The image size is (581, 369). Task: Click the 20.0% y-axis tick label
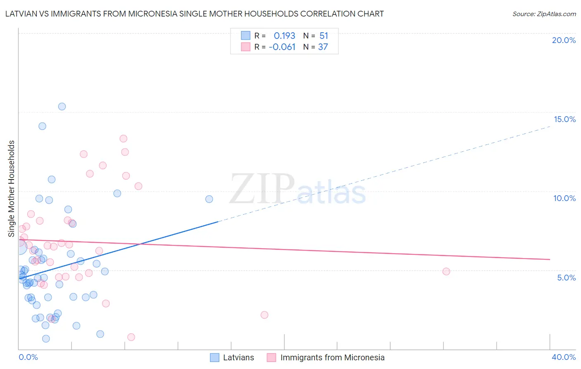pyautogui.click(x=564, y=40)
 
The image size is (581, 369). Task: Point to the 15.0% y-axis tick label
pyautogui.click(x=564, y=119)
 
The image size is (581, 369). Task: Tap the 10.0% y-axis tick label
pyautogui.click(x=564, y=198)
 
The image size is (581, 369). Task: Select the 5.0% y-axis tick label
pyautogui.click(x=566, y=278)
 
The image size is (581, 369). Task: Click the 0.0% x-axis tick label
pyautogui.click(x=28, y=357)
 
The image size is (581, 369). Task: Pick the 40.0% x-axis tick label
pyautogui.click(x=563, y=357)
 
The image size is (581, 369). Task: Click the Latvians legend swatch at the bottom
pyautogui.click(x=214, y=357)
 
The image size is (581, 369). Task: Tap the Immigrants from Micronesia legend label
pyautogui.click(x=332, y=357)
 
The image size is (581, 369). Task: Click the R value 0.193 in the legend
pyautogui.click(x=284, y=36)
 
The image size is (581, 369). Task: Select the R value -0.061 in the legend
pyautogui.click(x=282, y=47)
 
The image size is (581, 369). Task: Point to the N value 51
pyautogui.click(x=324, y=36)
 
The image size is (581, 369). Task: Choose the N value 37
pyautogui.click(x=323, y=47)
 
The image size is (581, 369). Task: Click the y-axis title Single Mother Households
pyautogui.click(x=12, y=189)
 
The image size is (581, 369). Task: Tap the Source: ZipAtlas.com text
pyautogui.click(x=544, y=14)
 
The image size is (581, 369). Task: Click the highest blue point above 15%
pyautogui.click(x=62, y=106)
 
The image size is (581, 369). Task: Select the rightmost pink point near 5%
pyautogui.click(x=446, y=271)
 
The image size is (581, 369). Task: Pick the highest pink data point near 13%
pyautogui.click(x=123, y=139)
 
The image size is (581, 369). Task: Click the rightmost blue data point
pyautogui.click(x=209, y=199)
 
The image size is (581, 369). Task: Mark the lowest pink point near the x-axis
pyautogui.click(x=131, y=337)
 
